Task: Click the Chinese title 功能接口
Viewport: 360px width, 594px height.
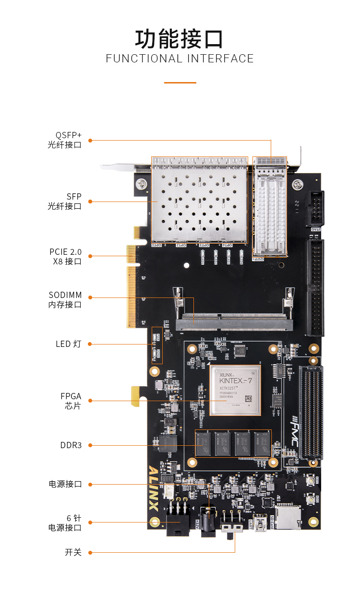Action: coord(180,39)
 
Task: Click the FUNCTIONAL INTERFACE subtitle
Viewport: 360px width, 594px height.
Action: coord(180,59)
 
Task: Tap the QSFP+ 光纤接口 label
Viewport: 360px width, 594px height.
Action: coord(65,140)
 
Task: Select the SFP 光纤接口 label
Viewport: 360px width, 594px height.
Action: coord(65,202)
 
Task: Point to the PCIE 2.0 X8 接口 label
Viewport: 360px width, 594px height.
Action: coord(66,256)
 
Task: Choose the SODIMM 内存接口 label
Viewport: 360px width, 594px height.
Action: coord(65,300)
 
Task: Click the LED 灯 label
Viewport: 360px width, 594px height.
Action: coord(69,344)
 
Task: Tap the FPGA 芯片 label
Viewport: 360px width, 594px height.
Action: coord(71,401)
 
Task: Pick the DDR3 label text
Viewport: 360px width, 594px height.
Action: coord(71,445)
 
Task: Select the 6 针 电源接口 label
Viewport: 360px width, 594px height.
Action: coord(65,523)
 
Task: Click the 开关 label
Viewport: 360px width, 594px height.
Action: coord(73,552)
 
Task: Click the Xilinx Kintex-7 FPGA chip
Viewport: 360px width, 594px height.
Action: coord(235,390)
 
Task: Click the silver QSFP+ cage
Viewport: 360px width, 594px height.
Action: coord(270,206)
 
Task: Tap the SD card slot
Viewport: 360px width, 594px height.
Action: coord(288,517)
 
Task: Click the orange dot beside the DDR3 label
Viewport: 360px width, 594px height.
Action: coord(90,445)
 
